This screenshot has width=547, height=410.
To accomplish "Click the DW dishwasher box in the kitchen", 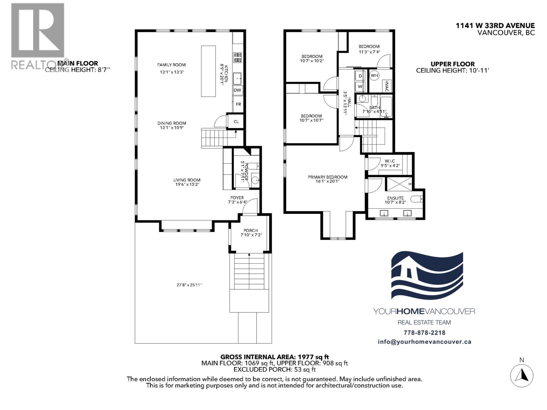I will click(x=238, y=91).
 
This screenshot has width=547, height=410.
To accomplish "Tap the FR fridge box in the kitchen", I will click(x=238, y=104).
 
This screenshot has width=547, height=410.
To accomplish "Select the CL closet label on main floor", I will click(x=236, y=121).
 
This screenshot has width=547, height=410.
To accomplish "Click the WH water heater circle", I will click(x=374, y=76).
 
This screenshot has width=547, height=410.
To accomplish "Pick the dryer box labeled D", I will click(x=360, y=76).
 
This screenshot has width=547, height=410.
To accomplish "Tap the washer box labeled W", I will click(x=360, y=86).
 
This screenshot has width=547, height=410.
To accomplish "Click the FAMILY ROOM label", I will click(x=171, y=65).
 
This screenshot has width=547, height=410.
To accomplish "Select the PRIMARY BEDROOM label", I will click(x=328, y=177).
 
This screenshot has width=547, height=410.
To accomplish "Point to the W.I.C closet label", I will click(x=390, y=161).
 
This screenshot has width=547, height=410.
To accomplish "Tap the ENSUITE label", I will click(x=395, y=198).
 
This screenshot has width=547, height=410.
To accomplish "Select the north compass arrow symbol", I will click(x=522, y=375).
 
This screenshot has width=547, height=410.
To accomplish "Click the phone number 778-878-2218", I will click(x=424, y=332).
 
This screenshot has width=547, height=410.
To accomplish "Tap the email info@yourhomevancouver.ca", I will click(x=424, y=342).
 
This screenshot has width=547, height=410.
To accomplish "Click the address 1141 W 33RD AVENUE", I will click(x=495, y=26).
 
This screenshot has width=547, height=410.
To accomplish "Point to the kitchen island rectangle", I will click(x=209, y=71).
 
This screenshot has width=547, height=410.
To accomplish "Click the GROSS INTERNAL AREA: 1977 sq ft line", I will click(x=275, y=357).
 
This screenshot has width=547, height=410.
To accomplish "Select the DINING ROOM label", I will click(x=172, y=123).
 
